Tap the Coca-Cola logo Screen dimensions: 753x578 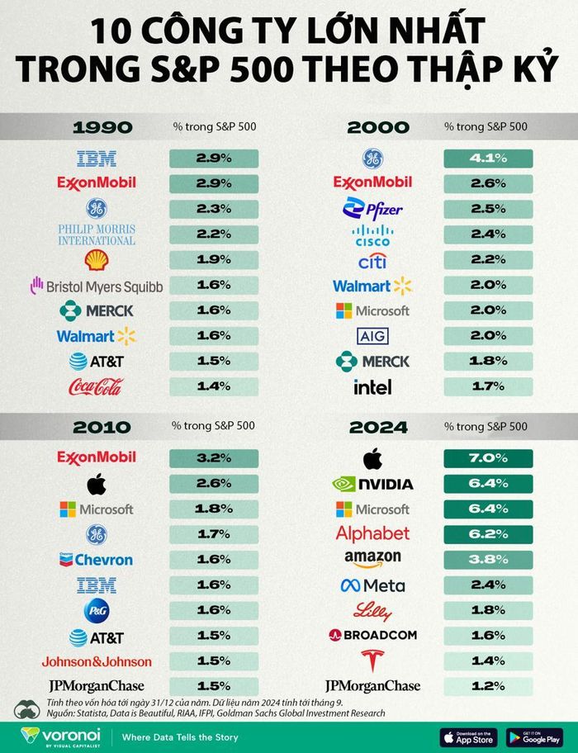[x=97, y=386]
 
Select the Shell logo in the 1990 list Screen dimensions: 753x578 [x=97, y=261]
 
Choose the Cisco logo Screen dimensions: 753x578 [x=372, y=234]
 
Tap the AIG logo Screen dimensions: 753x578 [x=372, y=336]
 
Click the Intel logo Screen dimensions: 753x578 [x=372, y=386]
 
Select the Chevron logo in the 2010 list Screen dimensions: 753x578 [x=97, y=560]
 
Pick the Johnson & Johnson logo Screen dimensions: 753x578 [x=97, y=661]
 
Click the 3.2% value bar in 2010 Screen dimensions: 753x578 [x=214, y=457]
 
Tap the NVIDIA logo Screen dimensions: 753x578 [x=372, y=484]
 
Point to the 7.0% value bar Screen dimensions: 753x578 [x=488, y=457]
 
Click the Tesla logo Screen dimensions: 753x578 [x=372, y=660]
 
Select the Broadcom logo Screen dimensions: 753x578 [x=372, y=635]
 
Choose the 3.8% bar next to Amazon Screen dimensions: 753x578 [x=488, y=560]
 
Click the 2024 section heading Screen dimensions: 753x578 [x=378, y=427]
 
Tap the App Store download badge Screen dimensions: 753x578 [x=467, y=736]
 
